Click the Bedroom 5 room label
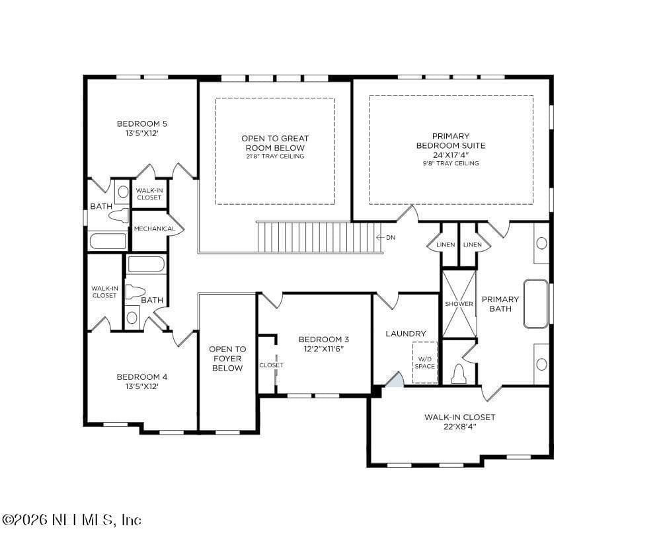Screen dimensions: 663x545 pos(142,124)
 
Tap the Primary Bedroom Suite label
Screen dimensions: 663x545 pos(451,141)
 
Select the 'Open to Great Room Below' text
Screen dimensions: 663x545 pos(275,143)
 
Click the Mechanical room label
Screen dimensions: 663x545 pos(154,229)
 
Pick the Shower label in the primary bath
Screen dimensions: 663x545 pos(459,304)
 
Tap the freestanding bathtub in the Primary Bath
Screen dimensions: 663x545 pos(536,304)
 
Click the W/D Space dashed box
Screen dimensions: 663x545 pos(425,363)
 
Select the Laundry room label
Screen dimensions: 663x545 pos(406,334)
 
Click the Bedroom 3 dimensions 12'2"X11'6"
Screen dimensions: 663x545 pos(324,349)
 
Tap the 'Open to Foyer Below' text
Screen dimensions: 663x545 pos(227,359)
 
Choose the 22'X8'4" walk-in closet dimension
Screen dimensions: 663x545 pos(460,427)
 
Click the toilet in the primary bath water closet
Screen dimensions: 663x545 pos(459,373)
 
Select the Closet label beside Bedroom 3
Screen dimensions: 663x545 pos(272,365)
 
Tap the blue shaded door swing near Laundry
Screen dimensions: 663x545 pos(395,380)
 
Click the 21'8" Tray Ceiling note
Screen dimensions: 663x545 pos(275,157)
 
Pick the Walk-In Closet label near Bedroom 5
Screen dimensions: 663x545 pos(149,194)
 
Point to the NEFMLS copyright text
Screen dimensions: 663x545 pos(72,520)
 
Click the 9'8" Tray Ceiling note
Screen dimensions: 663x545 pos(451,163)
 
